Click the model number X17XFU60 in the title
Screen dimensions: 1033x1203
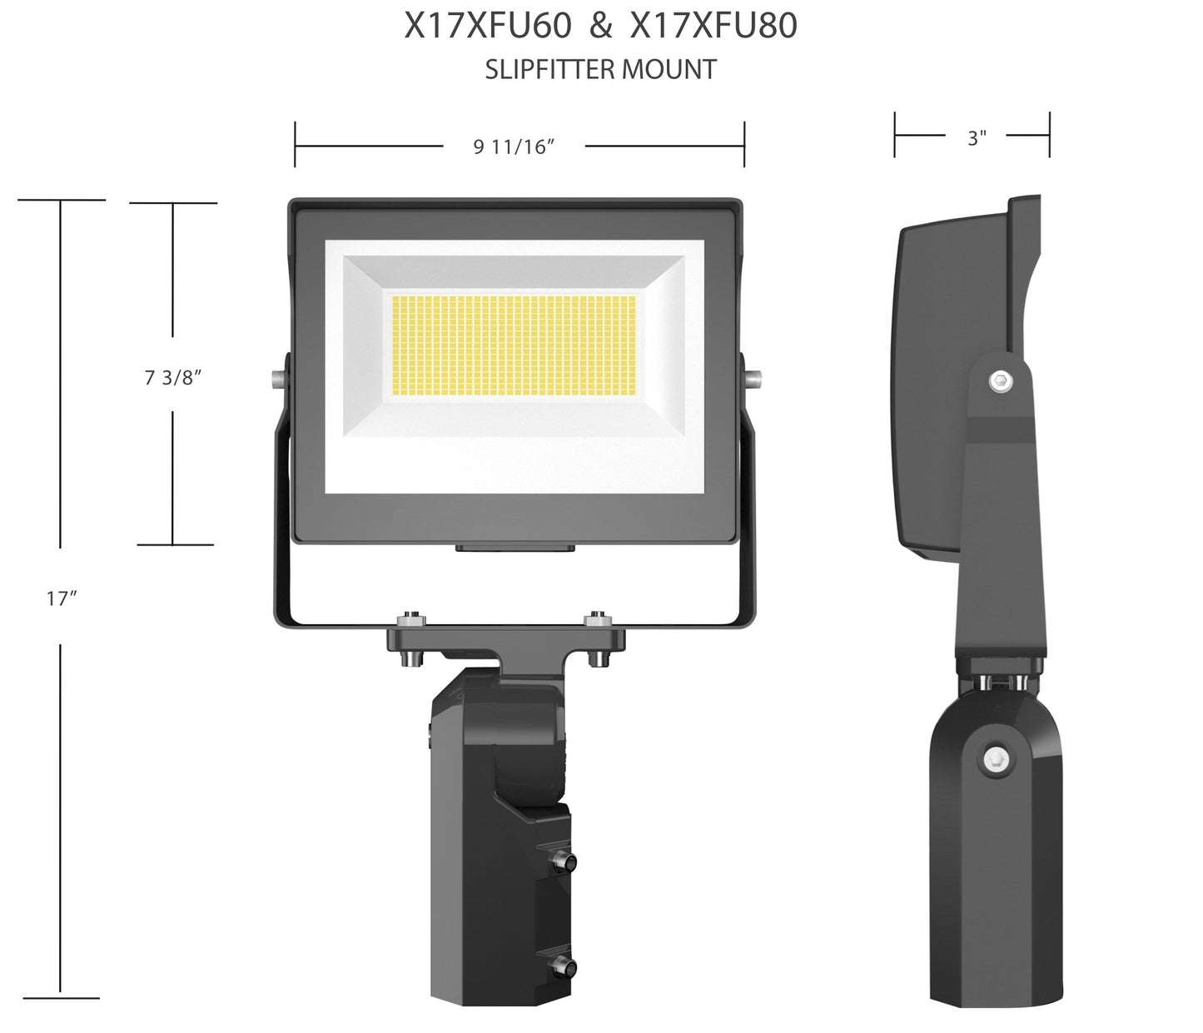tap(488, 27)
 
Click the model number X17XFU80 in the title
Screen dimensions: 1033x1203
tap(714, 27)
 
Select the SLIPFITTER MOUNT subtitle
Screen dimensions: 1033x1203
tap(600, 70)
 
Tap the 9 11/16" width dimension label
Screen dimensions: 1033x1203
tap(514, 147)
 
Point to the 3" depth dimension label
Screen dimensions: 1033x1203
tap(977, 138)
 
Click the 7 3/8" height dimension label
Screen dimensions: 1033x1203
tap(173, 377)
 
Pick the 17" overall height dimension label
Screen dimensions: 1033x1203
tap(62, 598)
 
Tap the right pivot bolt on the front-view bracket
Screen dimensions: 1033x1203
tap(753, 378)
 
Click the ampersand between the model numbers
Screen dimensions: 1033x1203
tap(601, 27)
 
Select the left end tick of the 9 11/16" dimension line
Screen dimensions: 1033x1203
tap(296, 145)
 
